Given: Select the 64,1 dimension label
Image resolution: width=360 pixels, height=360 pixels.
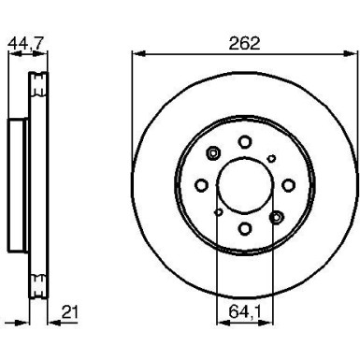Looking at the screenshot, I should pyautogui.click(x=244, y=301).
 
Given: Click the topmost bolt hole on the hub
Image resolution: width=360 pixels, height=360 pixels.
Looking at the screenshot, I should pyautogui.click(x=244, y=141).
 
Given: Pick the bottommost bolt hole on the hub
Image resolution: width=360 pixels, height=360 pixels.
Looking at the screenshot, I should pyautogui.click(x=244, y=228).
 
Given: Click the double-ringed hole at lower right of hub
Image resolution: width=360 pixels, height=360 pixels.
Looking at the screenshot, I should pyautogui.click(x=275, y=216).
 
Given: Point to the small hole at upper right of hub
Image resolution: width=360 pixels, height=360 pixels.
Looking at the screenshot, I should pyautogui.click(x=271, y=158).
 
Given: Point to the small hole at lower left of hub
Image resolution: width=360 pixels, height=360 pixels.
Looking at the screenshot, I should pyautogui.click(x=217, y=212).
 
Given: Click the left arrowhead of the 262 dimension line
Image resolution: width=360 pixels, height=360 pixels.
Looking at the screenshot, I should pyautogui.click(x=137, y=53).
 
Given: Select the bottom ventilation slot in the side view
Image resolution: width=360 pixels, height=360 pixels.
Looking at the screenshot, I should pyautogui.click(x=38, y=284).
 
